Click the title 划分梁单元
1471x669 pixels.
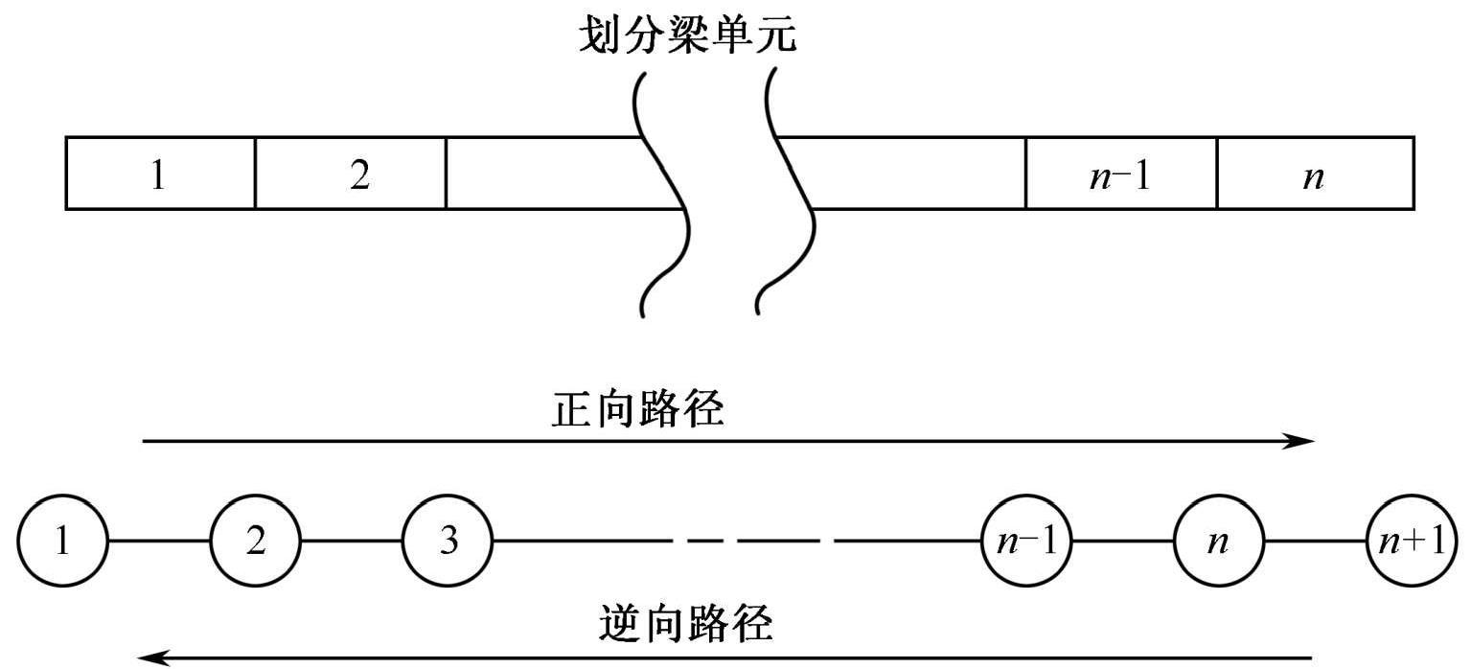point(687,36)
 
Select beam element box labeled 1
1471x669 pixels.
point(160,173)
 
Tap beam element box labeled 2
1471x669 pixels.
point(350,173)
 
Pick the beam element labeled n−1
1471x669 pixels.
point(1120,173)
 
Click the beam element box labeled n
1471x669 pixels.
point(1315,173)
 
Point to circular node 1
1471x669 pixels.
point(63,542)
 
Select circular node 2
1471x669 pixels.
point(256,542)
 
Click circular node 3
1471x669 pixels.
point(448,542)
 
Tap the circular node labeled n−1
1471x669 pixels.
point(1025,542)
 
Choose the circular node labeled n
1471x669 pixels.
point(1219,542)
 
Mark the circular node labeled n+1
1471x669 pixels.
point(1412,542)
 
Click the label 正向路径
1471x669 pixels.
point(638,410)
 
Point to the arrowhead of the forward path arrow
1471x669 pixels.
point(1303,441)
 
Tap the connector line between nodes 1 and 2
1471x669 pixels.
point(159,542)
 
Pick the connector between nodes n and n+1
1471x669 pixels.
point(1315,542)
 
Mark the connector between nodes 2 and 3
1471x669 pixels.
point(352,542)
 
